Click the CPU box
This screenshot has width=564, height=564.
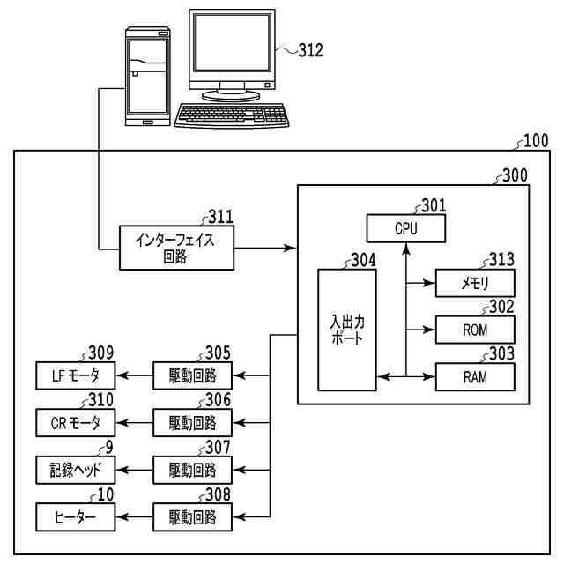[x=406, y=228]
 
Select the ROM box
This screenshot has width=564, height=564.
[x=475, y=330]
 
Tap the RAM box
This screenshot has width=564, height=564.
[x=475, y=377]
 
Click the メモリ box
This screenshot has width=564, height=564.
[x=475, y=283]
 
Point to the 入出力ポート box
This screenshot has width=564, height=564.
[x=347, y=330]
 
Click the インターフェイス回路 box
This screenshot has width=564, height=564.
[x=176, y=248]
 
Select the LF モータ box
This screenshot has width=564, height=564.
[x=76, y=375]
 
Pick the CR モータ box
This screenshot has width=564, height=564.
[x=76, y=423]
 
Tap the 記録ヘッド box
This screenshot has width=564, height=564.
[x=76, y=470]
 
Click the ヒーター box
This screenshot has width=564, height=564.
[x=76, y=517]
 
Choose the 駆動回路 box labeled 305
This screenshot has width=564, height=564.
[x=192, y=375]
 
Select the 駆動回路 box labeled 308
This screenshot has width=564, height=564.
[x=192, y=517]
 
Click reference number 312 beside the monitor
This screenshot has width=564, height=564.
[x=311, y=50]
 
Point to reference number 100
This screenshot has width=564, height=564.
[x=536, y=140]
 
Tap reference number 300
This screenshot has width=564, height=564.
[x=515, y=175]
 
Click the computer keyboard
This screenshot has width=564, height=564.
[x=232, y=115]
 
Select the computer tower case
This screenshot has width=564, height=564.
[x=147, y=77]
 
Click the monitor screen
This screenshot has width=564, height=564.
[x=232, y=42]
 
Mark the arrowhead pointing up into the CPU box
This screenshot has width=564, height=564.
[x=406, y=249]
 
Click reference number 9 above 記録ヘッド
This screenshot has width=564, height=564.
[x=109, y=447]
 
